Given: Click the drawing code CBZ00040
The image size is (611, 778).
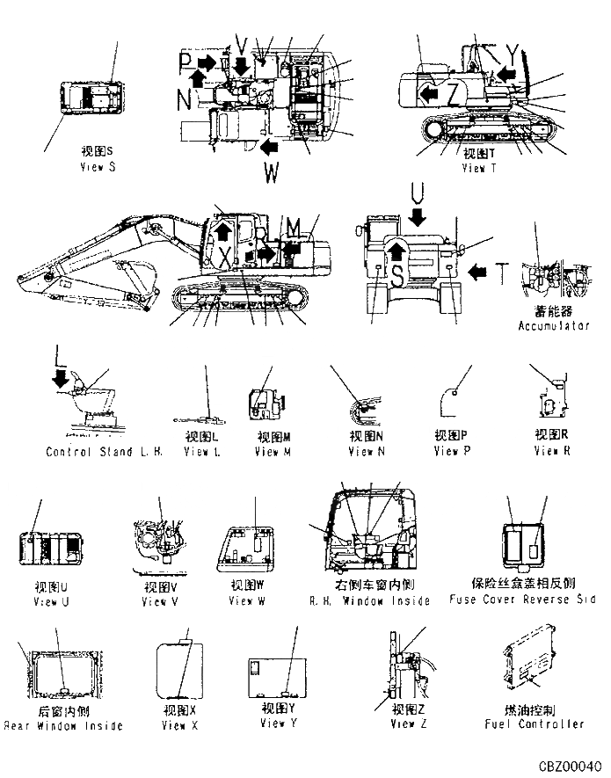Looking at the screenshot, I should coord(572,766).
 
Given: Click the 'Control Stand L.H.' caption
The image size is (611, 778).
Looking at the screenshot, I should coord(104,452).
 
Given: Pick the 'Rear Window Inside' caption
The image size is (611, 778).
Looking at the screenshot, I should coord(63,726).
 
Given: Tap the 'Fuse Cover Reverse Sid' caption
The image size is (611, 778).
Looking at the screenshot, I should coord(523,600).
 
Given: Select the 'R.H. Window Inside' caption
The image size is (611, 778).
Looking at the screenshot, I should coord(369,601).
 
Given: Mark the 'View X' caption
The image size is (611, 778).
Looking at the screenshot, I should coord(180,725).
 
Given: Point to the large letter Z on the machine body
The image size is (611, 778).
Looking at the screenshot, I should coord(452,91).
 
